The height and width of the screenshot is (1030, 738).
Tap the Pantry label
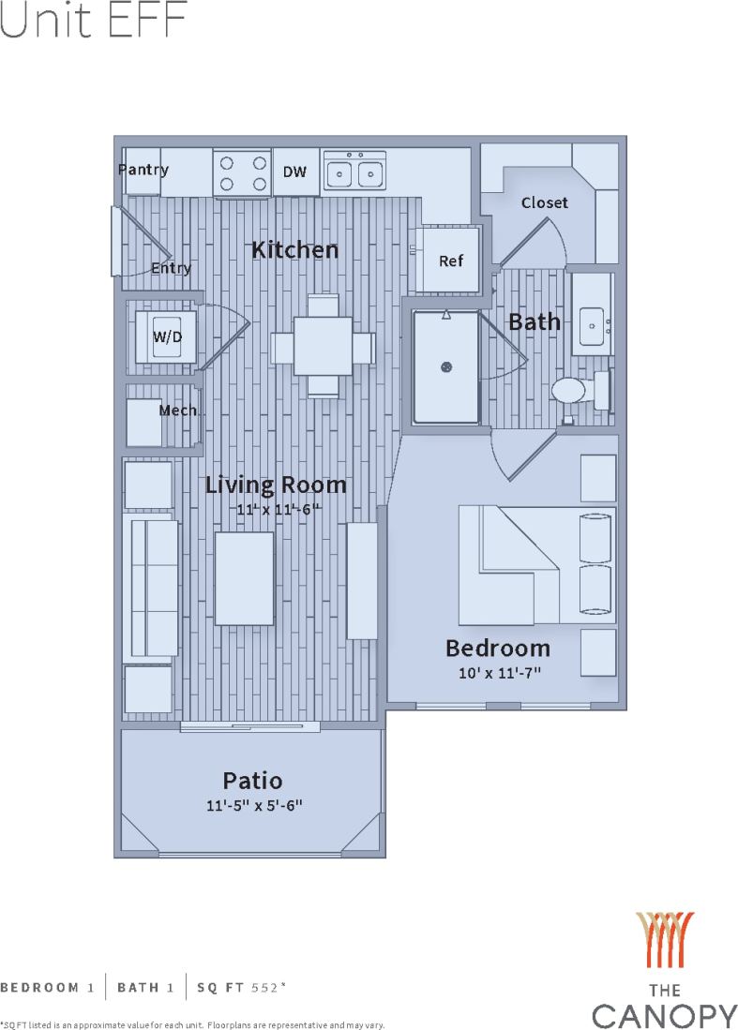143,170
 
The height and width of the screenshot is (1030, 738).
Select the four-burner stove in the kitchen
242,173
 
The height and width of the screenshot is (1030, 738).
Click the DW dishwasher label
295,172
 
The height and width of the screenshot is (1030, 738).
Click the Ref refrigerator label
451,261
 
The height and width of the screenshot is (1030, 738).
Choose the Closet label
544,202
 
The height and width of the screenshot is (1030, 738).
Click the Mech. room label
178,411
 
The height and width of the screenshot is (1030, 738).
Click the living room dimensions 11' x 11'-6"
278,509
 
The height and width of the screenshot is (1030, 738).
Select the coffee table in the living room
244,578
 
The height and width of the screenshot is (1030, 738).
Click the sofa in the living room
151,588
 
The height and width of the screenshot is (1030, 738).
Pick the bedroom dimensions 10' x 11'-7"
497,672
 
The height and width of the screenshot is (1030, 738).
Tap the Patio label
252,780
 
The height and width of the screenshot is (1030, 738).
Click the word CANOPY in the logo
665,1015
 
